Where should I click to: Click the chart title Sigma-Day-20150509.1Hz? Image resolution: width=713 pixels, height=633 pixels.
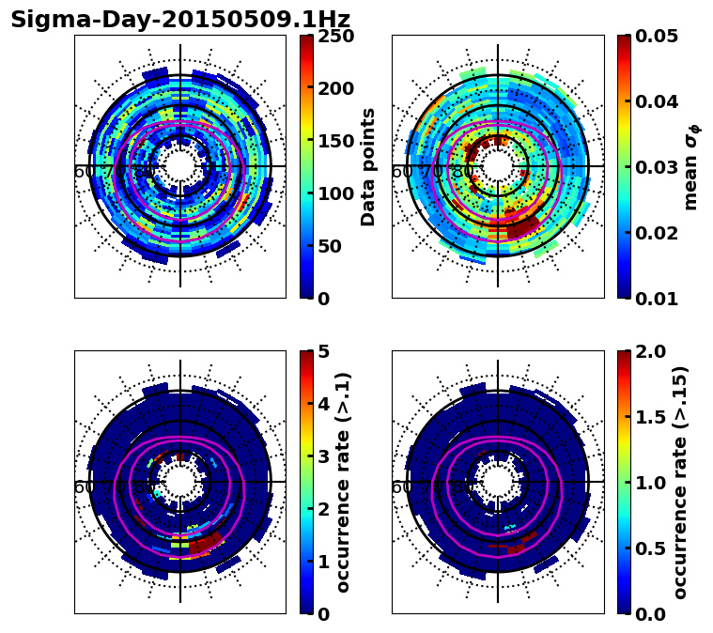pyautogui.click(x=180, y=20)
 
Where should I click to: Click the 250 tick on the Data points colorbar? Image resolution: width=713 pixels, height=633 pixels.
pyautogui.click(x=335, y=36)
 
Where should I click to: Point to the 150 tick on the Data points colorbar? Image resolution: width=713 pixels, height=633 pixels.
pyautogui.click(x=335, y=141)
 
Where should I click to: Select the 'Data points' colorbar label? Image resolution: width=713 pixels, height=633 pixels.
pyautogui.click(x=368, y=166)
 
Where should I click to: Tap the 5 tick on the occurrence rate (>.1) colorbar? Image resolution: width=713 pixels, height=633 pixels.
pyautogui.click(x=322, y=351)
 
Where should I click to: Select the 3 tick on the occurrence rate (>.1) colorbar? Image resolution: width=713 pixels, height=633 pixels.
pyautogui.click(x=322, y=456)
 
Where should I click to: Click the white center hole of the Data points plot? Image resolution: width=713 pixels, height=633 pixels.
pyautogui.click(x=180, y=166)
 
